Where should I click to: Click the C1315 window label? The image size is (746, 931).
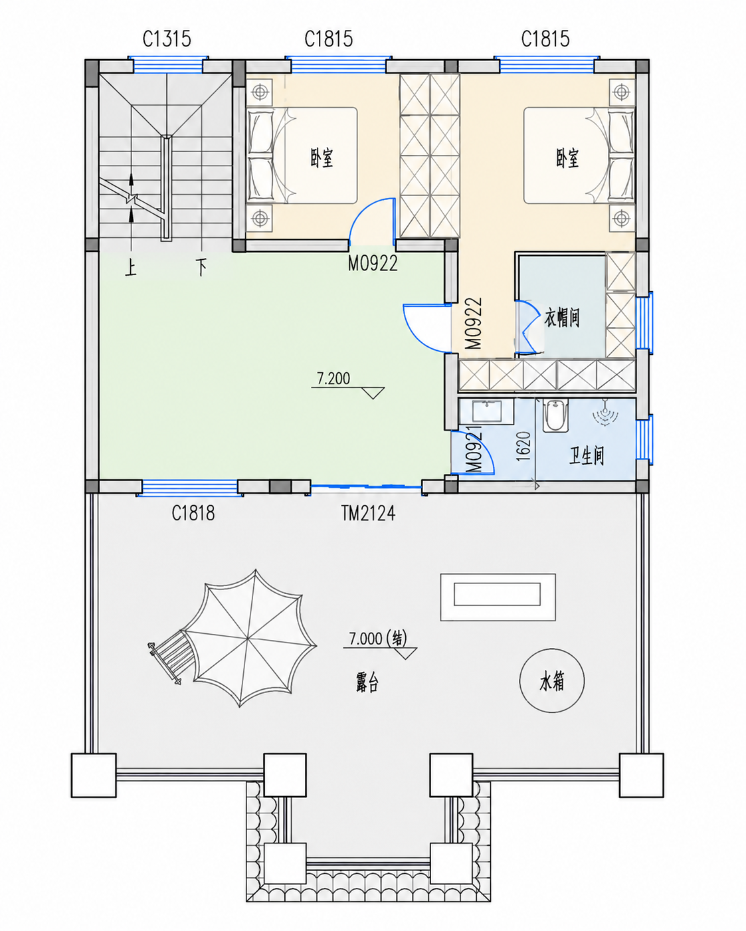tap(167, 39)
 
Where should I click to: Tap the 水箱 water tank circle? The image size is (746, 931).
tap(552, 680)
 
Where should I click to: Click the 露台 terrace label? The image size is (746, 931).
tap(367, 682)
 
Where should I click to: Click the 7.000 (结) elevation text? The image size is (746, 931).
tap(378, 639)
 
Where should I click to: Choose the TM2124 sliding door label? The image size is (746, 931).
tap(368, 514)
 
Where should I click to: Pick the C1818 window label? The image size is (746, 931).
tap(193, 514)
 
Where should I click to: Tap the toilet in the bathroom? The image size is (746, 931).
tap(555, 416)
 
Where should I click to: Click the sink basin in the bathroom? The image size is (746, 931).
tap(487, 411)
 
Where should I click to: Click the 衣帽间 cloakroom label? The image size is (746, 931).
tap(562, 318)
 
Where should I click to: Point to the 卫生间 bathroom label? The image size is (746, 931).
tap(587, 456)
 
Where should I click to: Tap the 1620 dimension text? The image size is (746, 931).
tap(523, 446)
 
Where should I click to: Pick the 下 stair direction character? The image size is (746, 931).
tap(201, 267)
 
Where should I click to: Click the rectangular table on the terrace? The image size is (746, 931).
tap(498, 597)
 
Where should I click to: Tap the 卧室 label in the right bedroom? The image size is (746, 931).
tap(567, 158)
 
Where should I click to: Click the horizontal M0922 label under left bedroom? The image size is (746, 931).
tap(373, 263)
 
